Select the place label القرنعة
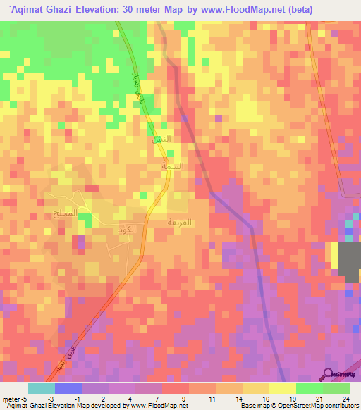click(x=178, y=221)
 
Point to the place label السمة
click(x=173, y=168)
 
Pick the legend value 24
click(x=345, y=398)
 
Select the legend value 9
click(x=185, y=398)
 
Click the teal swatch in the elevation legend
click(x=41, y=388)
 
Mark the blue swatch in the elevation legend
click(x=68, y=388)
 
